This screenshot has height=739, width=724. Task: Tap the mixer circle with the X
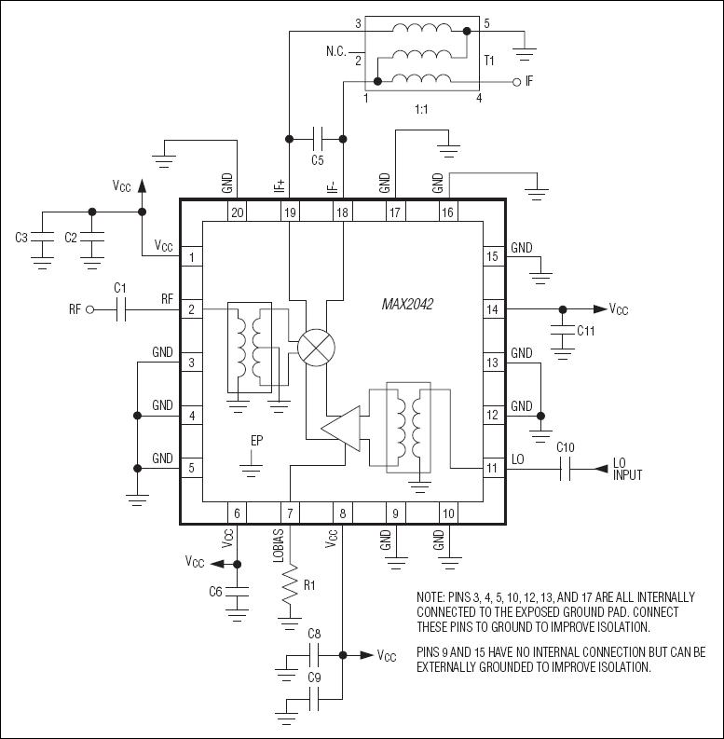(317, 348)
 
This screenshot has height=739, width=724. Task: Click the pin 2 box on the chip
(191, 309)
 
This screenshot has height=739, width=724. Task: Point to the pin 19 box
(290, 213)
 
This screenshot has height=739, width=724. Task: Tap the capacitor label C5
(318, 159)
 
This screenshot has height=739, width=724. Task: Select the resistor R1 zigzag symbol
(291, 585)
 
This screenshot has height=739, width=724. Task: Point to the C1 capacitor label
(119, 290)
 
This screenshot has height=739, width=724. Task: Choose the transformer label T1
(489, 60)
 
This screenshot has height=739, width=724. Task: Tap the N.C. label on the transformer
(337, 49)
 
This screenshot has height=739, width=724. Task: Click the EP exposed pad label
(256, 441)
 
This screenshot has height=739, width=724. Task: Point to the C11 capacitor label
(586, 330)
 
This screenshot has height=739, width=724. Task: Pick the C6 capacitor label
(215, 592)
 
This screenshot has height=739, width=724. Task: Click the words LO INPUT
(627, 469)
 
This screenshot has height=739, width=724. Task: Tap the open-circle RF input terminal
(90, 309)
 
